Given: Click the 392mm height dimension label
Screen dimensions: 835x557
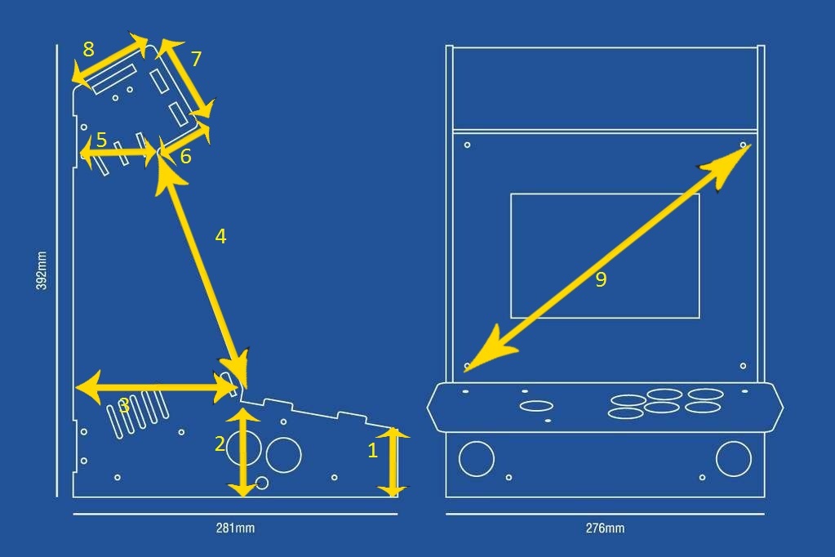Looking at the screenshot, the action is [x=42, y=271].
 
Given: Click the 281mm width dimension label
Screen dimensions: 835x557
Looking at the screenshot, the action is [x=235, y=528].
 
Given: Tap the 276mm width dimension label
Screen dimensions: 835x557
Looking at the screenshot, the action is [x=605, y=528].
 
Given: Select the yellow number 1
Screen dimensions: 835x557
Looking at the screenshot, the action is [x=373, y=451].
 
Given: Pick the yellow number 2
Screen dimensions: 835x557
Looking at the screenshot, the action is [x=220, y=443].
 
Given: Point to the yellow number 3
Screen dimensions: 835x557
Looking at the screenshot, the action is [x=124, y=406].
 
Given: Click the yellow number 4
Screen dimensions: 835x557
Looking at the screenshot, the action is [x=220, y=236].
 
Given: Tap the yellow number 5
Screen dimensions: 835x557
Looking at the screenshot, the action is [x=101, y=140].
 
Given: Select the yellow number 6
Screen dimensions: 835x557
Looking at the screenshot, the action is [x=185, y=157].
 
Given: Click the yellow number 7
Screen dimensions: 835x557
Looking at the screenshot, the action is [x=196, y=59].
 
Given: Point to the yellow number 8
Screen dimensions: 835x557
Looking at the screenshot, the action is [x=88, y=49].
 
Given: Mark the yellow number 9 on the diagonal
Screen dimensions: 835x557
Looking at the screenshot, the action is [x=601, y=279].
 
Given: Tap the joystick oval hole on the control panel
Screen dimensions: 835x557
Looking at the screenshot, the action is [x=536, y=406].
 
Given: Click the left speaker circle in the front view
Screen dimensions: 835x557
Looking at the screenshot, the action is [x=477, y=458].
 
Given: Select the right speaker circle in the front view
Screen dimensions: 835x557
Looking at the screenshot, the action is [x=734, y=458].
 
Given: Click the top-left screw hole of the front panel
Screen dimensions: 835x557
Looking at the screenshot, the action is [x=467, y=145].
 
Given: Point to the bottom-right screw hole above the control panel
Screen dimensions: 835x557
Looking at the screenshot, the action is [x=743, y=366].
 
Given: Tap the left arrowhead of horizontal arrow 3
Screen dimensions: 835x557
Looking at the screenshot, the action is [x=90, y=387].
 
